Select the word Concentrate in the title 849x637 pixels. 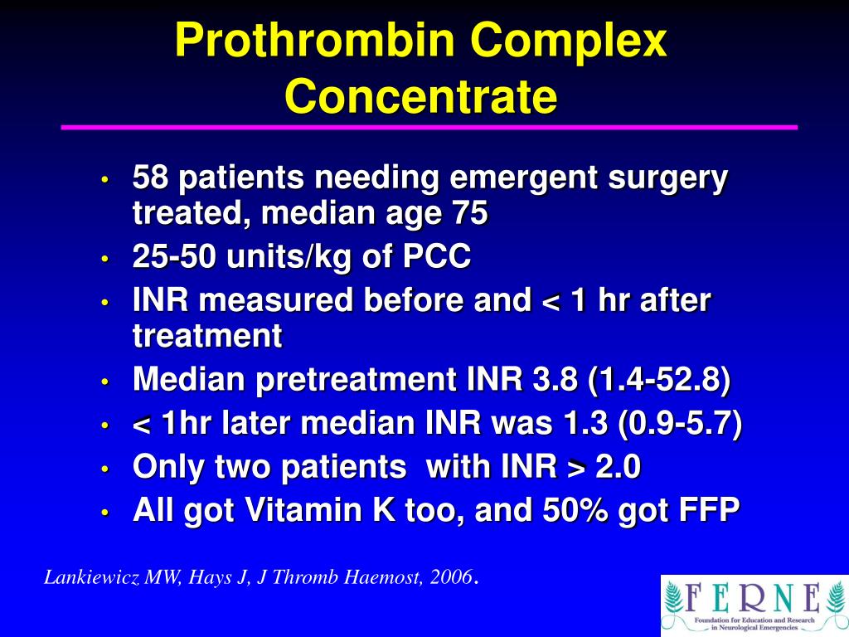pos(421,97)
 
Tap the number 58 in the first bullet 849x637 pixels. pos(151,177)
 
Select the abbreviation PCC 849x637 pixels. pos(437,258)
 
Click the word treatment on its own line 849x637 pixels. pos(207,336)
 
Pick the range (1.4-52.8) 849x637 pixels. pos(659,381)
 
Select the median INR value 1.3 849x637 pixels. pos(589,424)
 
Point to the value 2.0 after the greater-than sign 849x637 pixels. pos(617,468)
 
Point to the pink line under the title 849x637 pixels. pos(429,128)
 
